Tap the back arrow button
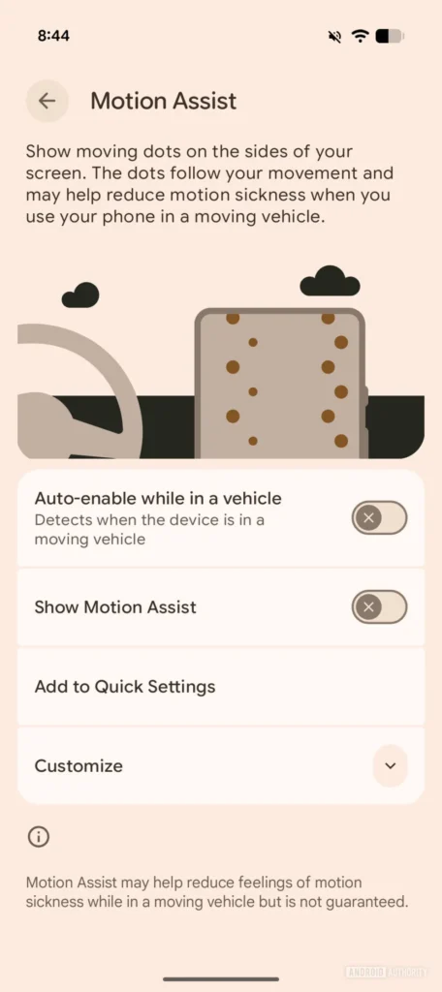[x=47, y=101]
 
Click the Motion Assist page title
[x=163, y=101]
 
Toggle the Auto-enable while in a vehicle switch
[x=379, y=517]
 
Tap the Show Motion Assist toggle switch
[x=379, y=607]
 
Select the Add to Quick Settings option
[x=125, y=687]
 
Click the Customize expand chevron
[x=390, y=766]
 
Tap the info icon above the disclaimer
[x=39, y=837]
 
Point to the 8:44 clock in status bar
[x=53, y=36]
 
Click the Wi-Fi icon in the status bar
[x=361, y=36]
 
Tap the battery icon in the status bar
[x=389, y=36]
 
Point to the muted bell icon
[x=335, y=36]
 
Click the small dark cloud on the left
[x=80, y=294]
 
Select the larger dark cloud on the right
[x=330, y=282]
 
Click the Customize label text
[x=79, y=766]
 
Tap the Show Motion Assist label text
[x=115, y=607]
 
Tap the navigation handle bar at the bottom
[x=221, y=979]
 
